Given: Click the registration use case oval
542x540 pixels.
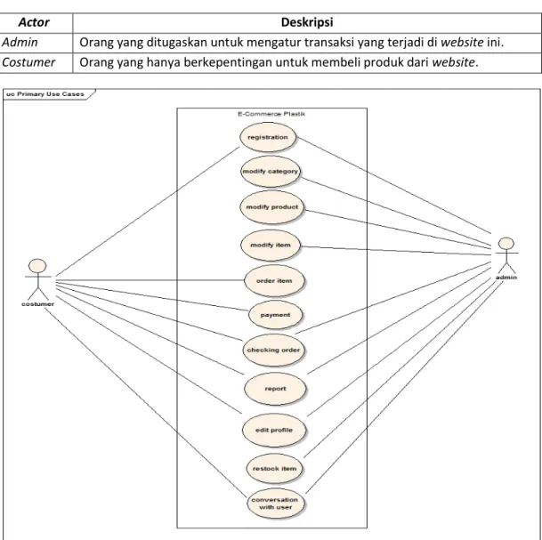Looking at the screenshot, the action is pos(268,137).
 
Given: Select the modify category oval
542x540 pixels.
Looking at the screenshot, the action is pos(271,172).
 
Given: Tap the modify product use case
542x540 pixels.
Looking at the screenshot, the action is pos(271,207).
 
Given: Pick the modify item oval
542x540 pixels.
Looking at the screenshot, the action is pos(271,246).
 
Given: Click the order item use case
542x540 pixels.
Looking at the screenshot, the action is pos(274,281).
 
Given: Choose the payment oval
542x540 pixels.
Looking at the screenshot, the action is pos(275,315).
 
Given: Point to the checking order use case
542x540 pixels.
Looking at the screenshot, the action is pos(273,350).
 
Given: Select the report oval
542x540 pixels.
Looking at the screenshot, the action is pos(275,389).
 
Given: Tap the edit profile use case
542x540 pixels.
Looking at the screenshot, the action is pos(274,431).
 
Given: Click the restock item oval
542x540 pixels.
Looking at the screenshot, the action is pos(274,469).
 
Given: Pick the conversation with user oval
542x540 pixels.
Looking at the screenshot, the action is pos(276,504).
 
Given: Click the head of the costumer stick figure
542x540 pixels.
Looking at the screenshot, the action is pos(37,266).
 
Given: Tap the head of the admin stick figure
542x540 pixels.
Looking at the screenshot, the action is pos(506,244).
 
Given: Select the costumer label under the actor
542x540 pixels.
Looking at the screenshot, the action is pos(37,304).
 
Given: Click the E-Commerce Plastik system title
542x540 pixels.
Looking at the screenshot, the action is pos(271,114).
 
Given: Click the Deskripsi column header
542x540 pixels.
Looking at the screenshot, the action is pos(307,22).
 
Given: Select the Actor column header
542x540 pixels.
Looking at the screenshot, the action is pos(34,22).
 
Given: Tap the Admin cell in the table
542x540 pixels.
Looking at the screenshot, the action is pos(20,43).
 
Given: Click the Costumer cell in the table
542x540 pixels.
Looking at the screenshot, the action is pos(28,62).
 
